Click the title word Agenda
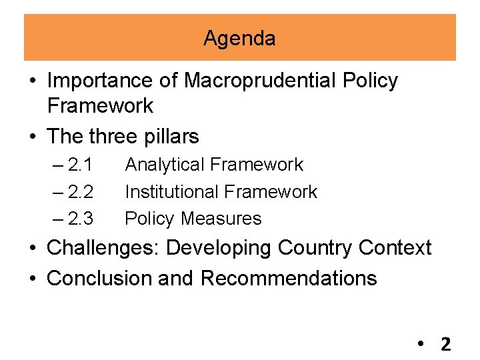pos(239,39)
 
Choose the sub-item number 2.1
pos(80,165)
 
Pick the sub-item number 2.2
pos(80,192)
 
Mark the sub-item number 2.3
pos(80,219)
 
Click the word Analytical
pos(162,165)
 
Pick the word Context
pos(395,248)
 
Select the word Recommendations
pos(289,278)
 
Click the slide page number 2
pos(445,345)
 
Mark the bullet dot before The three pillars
pos(32,137)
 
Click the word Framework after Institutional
pos(271,192)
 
